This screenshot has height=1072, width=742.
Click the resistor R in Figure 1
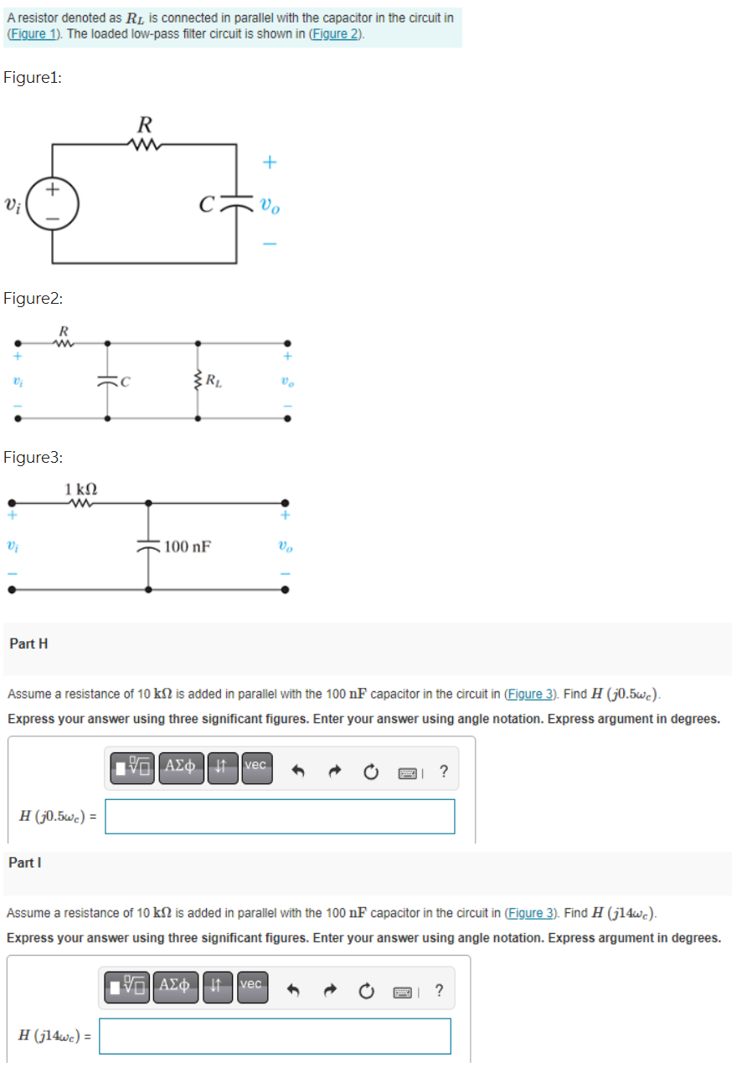tap(144, 145)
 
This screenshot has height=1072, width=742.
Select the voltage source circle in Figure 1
tap(52, 203)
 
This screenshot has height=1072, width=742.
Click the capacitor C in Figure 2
tap(107, 382)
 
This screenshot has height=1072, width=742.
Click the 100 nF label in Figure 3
tap(188, 547)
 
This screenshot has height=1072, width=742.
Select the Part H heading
tap(28, 644)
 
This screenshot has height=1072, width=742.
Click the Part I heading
tap(24, 862)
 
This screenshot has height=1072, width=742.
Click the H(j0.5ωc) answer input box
tap(280, 817)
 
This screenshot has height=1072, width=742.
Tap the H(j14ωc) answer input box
tap(275, 1036)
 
